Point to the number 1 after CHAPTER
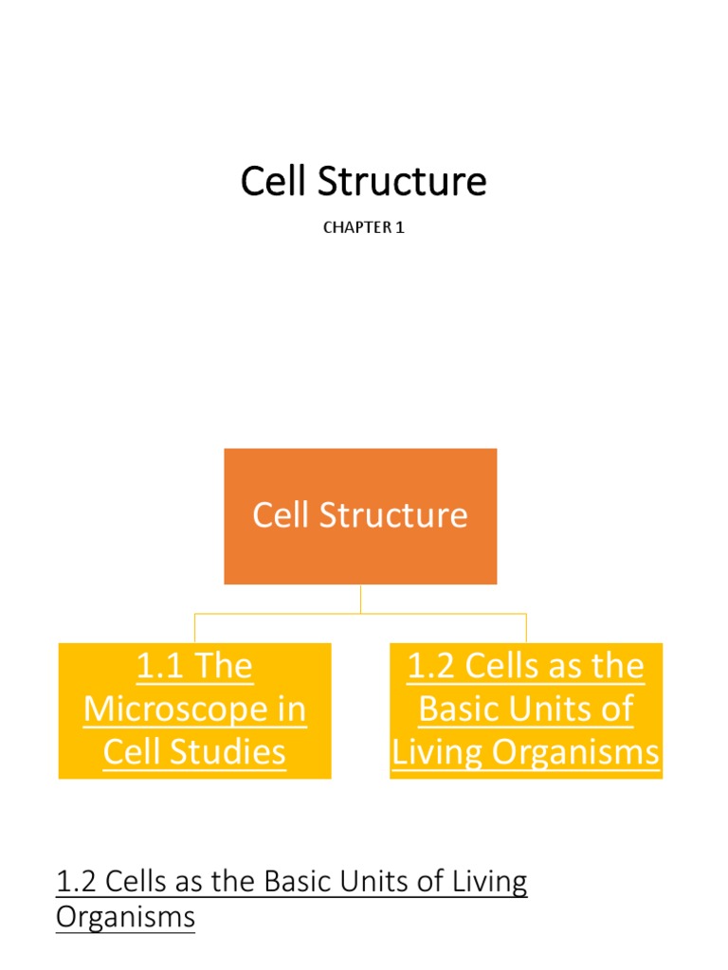tap(400, 228)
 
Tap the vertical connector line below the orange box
tap(360, 599)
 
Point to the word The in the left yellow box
tap(226, 667)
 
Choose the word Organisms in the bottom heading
tap(125, 917)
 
